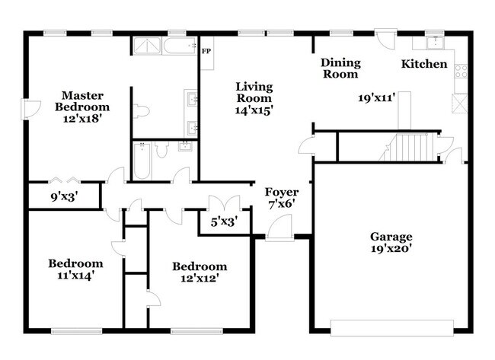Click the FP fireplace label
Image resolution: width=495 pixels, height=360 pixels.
[x=206, y=51]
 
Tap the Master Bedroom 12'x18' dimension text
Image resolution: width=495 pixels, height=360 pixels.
[x=82, y=119]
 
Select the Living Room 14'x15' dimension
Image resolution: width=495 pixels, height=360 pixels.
[x=254, y=110]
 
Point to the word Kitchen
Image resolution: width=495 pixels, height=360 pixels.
[x=424, y=64]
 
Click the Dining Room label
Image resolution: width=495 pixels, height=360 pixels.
[x=340, y=68]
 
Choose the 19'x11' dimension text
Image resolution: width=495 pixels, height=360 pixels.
[x=377, y=97]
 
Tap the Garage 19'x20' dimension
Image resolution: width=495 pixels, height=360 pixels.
[x=391, y=249]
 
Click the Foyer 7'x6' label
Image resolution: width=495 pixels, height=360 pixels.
[x=282, y=198]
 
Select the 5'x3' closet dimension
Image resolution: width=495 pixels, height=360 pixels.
[x=224, y=222]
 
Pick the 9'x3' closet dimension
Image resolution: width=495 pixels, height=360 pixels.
[x=65, y=197]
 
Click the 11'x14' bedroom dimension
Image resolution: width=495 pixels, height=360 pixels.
[x=75, y=276]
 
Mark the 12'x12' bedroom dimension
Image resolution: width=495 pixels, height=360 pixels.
[x=200, y=279]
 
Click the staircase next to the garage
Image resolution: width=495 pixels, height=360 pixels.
[x=409, y=148]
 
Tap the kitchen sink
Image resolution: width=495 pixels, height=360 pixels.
[x=436, y=43]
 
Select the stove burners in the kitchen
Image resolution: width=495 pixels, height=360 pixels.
[x=461, y=71]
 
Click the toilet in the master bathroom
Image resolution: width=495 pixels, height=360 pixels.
[x=141, y=111]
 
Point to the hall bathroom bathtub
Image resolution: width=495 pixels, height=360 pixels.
[x=142, y=161]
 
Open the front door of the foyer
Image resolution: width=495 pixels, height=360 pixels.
[x=279, y=228]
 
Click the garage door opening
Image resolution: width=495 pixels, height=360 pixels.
[x=392, y=328]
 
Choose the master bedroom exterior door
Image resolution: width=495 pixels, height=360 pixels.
[x=30, y=110]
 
